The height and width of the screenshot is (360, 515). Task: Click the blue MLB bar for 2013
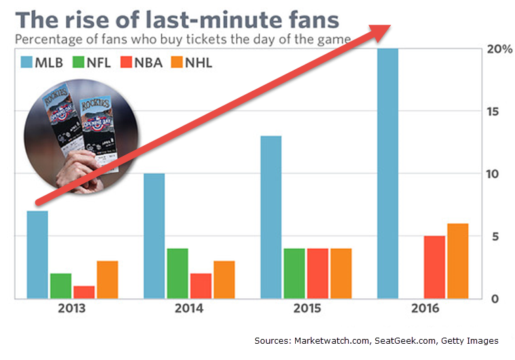(37, 255)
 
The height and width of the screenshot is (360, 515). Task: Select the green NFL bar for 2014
(177, 274)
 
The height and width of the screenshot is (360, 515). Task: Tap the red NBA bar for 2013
(84, 292)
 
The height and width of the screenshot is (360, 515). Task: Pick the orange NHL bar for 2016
(458, 261)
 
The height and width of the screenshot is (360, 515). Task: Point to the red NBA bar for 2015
(317, 274)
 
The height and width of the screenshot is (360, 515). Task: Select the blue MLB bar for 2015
(270, 217)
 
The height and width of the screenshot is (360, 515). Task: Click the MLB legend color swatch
(28, 63)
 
